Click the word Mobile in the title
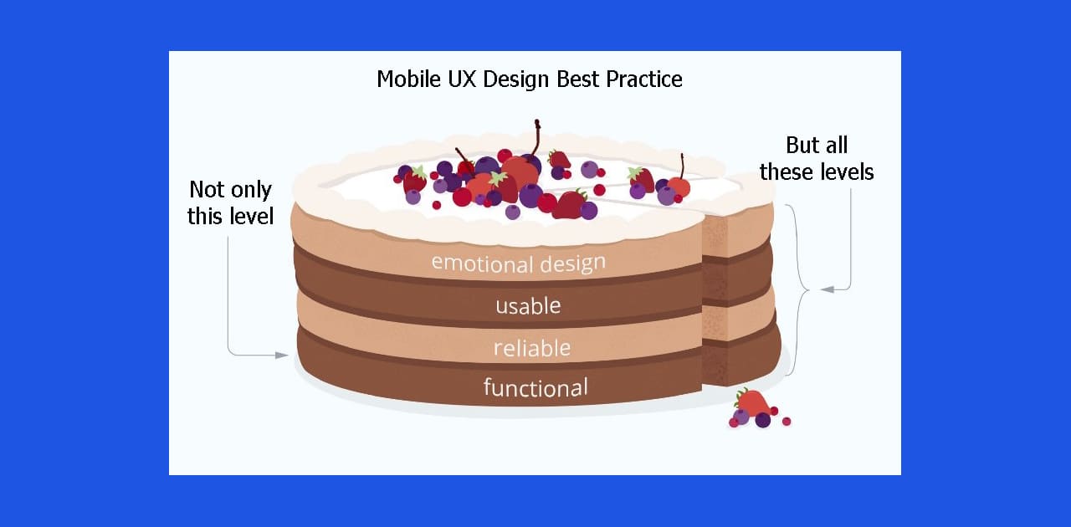pyautogui.click(x=408, y=79)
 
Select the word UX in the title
pyautogui.click(x=463, y=79)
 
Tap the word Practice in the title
pyautogui.click(x=644, y=79)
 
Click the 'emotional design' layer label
pyautogui.click(x=519, y=263)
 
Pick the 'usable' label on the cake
pyautogui.click(x=528, y=306)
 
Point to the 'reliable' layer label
pyautogui.click(x=532, y=348)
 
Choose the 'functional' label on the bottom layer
pyautogui.click(x=535, y=387)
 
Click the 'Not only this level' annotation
pyautogui.click(x=230, y=202)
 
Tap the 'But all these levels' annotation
pyautogui.click(x=817, y=159)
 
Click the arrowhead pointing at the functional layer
pyautogui.click(x=282, y=356)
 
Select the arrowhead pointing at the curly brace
pyautogui.click(x=828, y=289)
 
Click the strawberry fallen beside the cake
pyautogui.click(x=752, y=402)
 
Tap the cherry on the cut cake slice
pyautogui.click(x=679, y=187)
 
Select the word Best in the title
pyautogui.click(x=577, y=79)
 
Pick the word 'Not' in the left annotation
pyautogui.click(x=203, y=189)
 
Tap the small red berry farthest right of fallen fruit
pyautogui.click(x=787, y=422)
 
